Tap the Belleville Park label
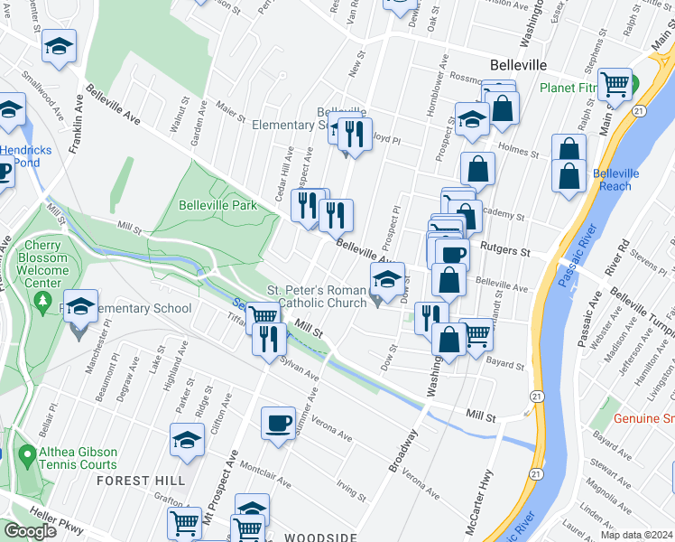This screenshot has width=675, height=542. [217, 205]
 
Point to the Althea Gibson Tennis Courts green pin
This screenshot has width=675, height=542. [25, 452]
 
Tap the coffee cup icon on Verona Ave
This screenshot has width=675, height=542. [278, 422]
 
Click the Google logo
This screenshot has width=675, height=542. [30, 531]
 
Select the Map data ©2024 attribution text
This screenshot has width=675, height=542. [637, 535]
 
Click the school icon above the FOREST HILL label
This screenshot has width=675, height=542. [187, 440]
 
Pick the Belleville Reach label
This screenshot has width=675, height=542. [616, 179]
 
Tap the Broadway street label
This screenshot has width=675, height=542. [403, 450]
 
